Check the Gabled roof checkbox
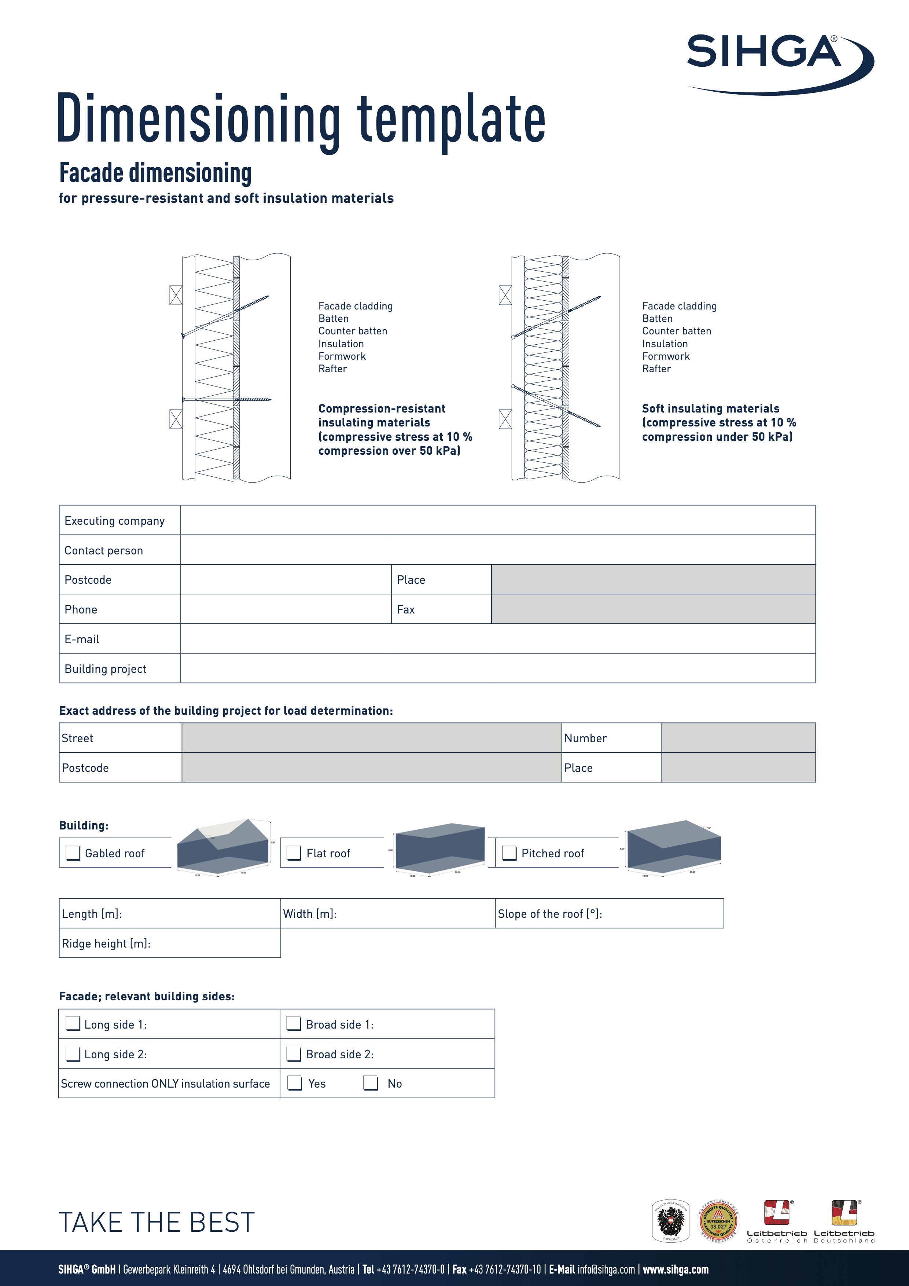73,853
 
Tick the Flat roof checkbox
294,853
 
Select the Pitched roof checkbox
509,853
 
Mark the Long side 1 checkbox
73,1023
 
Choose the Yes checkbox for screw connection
294,1083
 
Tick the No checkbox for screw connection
371,1083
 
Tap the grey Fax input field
653,609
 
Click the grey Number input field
738,738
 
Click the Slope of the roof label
549,913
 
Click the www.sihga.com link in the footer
675,1269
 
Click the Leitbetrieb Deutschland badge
844,1221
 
